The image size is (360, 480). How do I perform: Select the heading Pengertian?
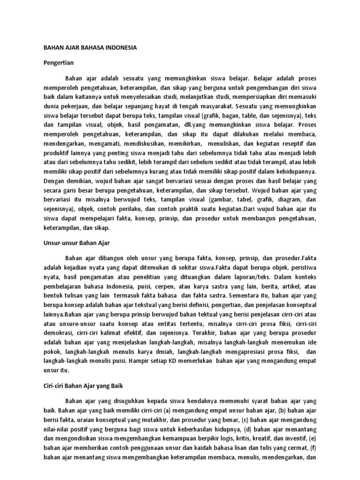point(59,62)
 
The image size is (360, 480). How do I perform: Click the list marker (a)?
point(175,411)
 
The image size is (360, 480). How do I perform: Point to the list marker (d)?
point(253,430)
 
